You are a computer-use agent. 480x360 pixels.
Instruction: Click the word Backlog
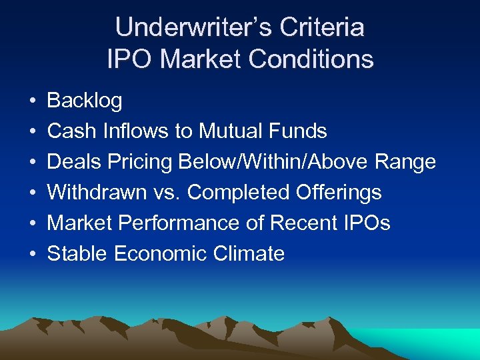tap(85, 101)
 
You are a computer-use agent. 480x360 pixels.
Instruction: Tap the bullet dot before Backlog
tap(33, 101)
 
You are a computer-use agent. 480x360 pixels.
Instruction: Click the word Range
tap(405, 162)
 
